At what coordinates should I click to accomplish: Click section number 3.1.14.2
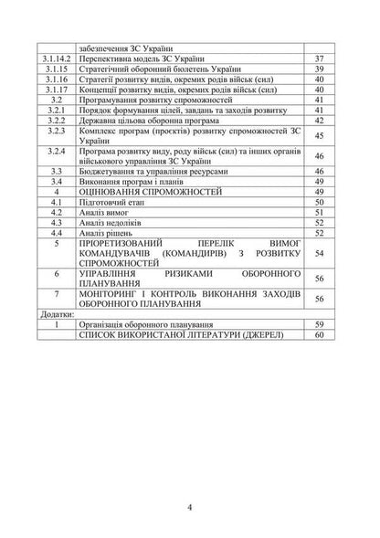point(58,57)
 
